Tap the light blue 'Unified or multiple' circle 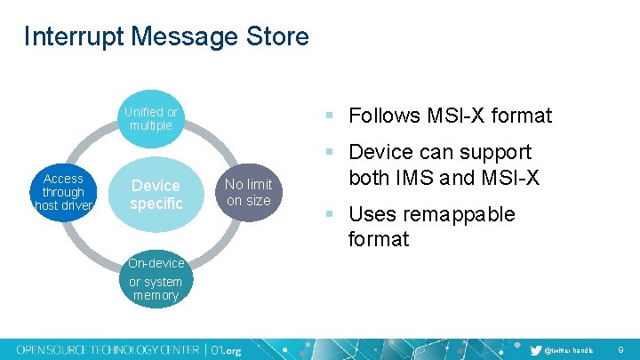point(150,119)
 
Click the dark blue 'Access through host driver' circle point(63,192)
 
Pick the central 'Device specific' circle point(156,195)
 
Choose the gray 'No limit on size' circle point(248,193)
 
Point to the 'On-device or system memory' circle point(156,279)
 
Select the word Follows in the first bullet point(384,116)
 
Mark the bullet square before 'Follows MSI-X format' point(329,116)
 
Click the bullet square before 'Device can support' point(329,152)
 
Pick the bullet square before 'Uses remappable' point(329,214)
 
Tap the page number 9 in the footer point(621,351)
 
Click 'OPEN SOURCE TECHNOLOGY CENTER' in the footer point(108,350)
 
